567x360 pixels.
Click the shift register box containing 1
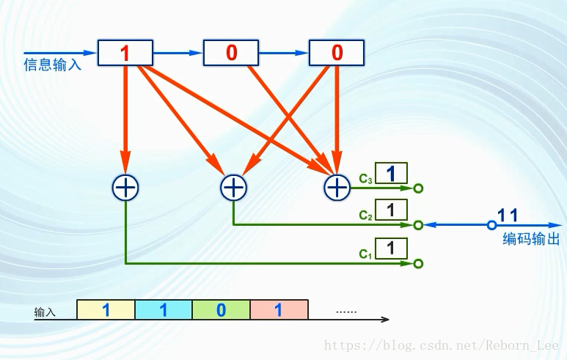point(125,53)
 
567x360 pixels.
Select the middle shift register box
point(231,53)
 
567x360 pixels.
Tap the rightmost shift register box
point(337,53)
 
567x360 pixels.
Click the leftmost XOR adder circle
point(125,188)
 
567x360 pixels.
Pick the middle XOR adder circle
point(233,188)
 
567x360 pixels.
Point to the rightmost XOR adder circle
point(337,188)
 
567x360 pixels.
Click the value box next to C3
point(391,173)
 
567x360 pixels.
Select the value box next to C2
point(391,210)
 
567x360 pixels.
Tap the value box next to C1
point(391,248)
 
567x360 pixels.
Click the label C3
point(366,178)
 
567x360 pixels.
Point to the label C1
point(366,254)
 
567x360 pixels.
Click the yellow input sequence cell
point(106,310)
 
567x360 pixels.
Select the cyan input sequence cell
point(164,310)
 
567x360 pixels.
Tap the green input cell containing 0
point(222,310)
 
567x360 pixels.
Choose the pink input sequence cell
point(279,310)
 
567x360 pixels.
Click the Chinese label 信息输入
point(52,65)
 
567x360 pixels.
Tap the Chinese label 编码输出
point(531,239)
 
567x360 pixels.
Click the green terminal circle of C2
point(418,225)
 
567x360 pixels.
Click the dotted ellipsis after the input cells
point(346,312)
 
